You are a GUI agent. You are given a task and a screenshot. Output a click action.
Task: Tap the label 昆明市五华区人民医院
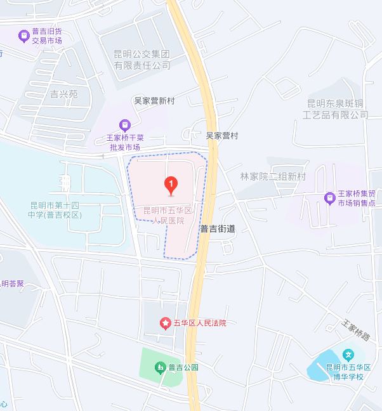[168, 215]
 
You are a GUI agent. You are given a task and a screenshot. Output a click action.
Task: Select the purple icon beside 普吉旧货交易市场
[23, 34]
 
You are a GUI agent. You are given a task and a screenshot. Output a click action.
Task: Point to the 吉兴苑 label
[63, 94]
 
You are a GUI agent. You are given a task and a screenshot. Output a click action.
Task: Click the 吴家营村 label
[221, 136]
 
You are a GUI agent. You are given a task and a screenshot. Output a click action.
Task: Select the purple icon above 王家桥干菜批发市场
[124, 125]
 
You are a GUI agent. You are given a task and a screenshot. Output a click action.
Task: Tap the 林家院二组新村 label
[273, 176]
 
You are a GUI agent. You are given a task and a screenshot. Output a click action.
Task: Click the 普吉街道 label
[218, 229]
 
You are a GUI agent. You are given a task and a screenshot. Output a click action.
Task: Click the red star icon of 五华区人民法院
[165, 323]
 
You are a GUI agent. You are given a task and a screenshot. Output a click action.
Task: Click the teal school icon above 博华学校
[348, 354]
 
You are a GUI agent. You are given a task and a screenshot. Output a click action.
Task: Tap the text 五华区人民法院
[199, 323]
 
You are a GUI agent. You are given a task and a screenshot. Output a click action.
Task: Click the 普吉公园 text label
[183, 367]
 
